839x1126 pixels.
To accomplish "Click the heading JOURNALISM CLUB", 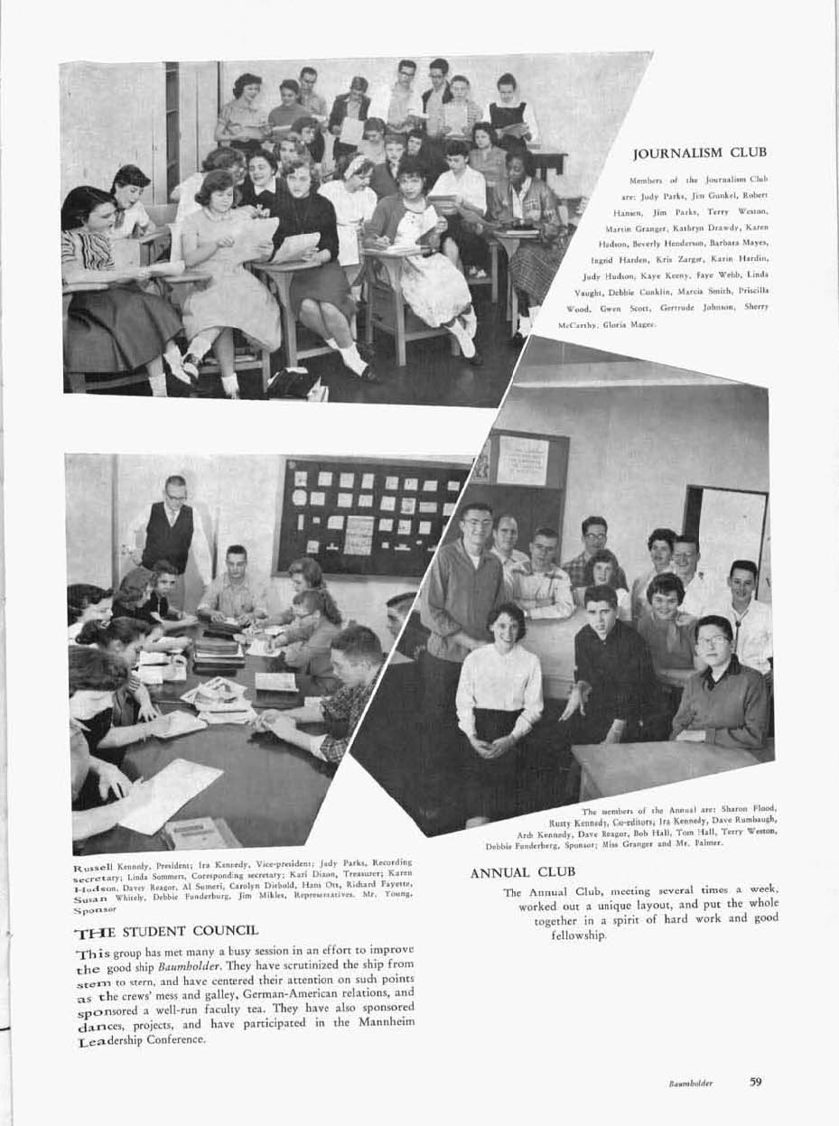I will [x=700, y=153].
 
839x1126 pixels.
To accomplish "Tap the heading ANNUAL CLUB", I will [x=523, y=872].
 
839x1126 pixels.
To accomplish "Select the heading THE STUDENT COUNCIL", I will [x=166, y=929].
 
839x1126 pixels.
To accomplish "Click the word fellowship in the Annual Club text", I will [x=578, y=935].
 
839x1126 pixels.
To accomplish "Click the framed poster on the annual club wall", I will [x=522, y=461].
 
